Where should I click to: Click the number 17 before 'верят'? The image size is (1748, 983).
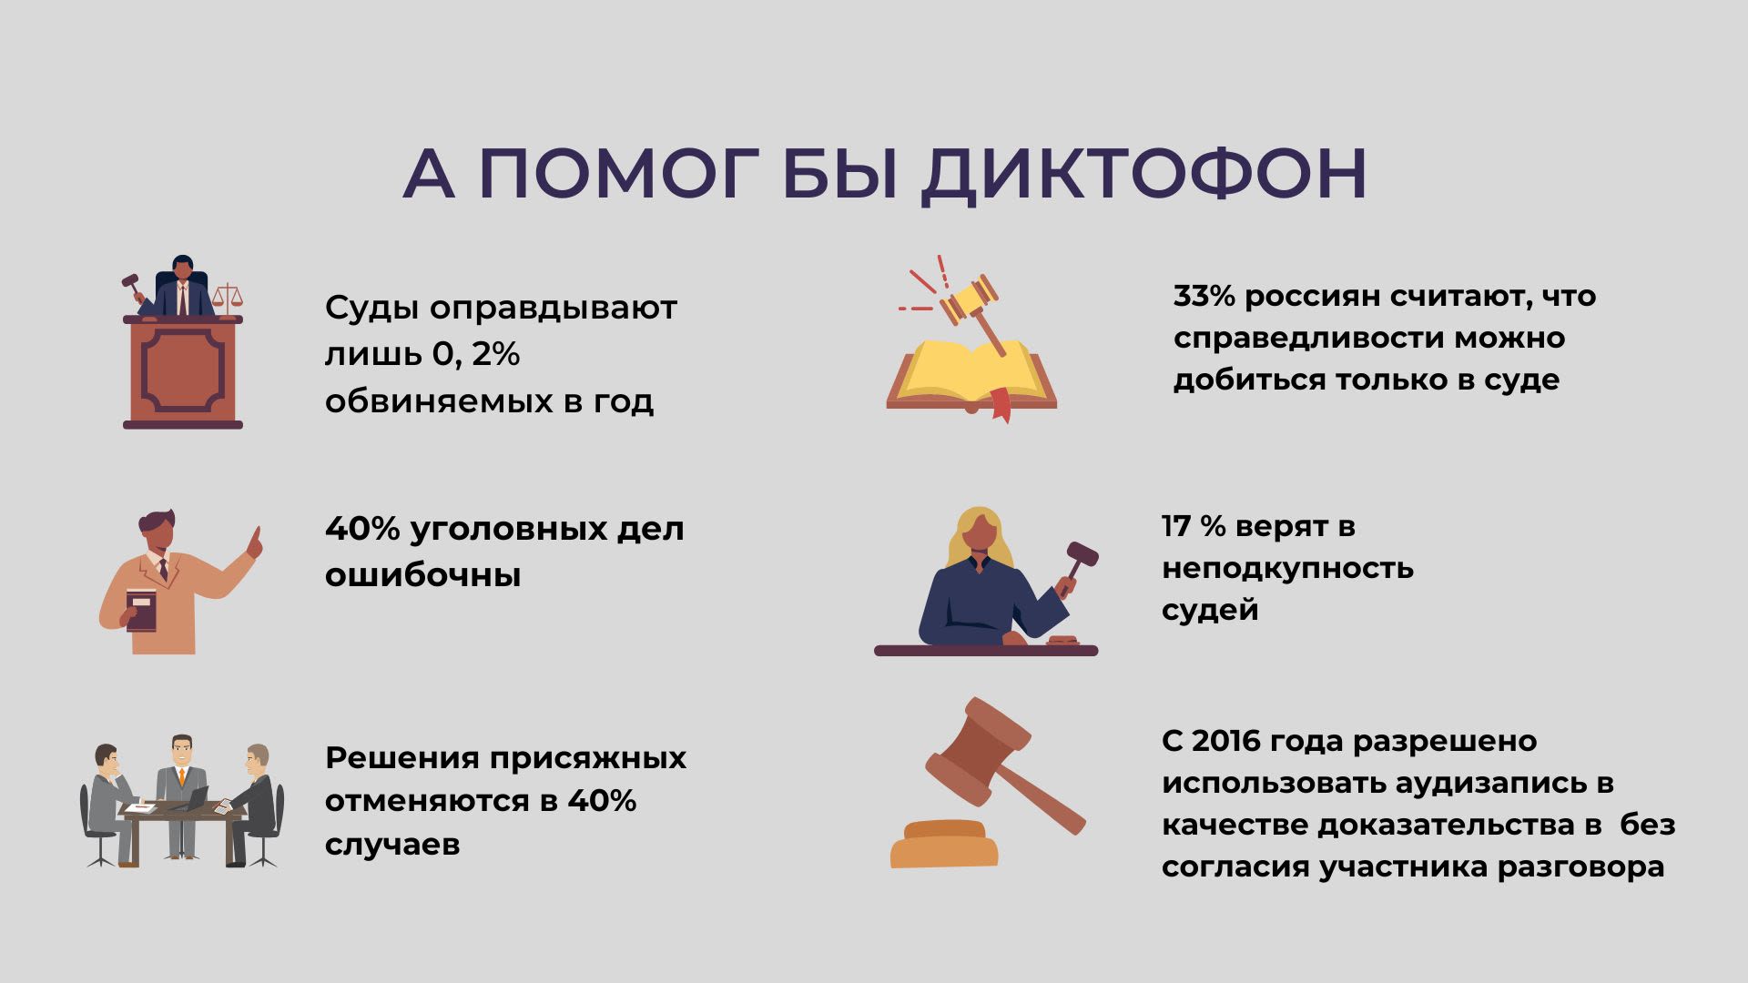tap(1175, 526)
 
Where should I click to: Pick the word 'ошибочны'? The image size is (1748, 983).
tap(422, 575)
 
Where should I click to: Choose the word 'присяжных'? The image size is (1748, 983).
tap(588, 759)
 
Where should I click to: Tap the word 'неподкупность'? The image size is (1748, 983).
tap(1287, 570)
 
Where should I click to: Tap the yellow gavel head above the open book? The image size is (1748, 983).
tap(969, 299)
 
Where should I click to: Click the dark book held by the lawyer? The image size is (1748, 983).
tap(141, 610)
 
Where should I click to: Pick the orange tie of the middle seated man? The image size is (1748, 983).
tap(181, 776)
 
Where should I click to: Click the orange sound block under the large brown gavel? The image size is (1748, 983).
tap(944, 844)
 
